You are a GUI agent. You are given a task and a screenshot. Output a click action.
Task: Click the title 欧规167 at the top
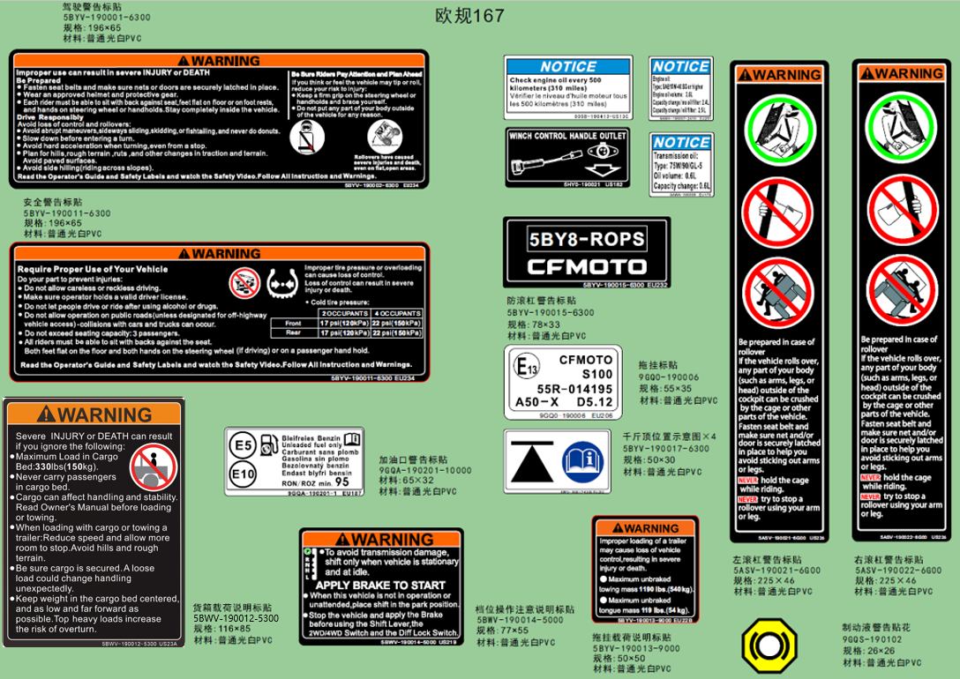point(470,16)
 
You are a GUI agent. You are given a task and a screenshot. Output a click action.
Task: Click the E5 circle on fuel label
point(244,447)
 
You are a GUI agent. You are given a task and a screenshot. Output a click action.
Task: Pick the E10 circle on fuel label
point(244,474)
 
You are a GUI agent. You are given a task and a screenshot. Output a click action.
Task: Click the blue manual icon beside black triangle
point(582,460)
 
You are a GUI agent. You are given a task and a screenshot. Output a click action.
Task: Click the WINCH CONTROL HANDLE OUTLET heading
point(567,136)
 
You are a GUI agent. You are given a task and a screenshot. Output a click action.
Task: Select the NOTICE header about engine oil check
point(567,66)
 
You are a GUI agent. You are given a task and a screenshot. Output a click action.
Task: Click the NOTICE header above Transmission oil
point(681,142)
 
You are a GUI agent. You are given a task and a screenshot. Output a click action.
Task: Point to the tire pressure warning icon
point(281,283)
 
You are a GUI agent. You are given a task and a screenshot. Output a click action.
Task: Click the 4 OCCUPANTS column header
point(396,313)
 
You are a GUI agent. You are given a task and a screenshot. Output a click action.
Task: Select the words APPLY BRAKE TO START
point(380,585)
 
